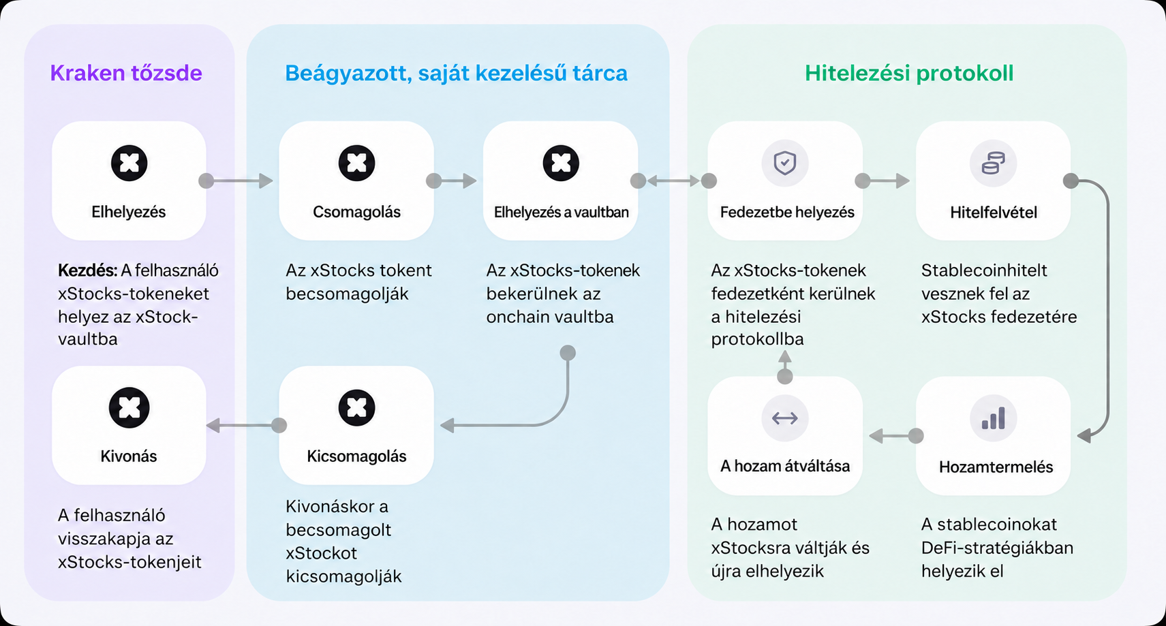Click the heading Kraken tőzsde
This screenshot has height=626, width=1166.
click(x=126, y=73)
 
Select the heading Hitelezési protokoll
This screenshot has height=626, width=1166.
click(x=909, y=74)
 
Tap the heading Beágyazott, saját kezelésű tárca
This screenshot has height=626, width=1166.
click(x=457, y=74)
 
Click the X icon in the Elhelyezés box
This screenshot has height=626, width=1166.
click(x=129, y=163)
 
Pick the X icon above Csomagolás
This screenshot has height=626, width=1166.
click(x=356, y=163)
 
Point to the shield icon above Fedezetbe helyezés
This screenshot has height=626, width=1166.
click(x=785, y=163)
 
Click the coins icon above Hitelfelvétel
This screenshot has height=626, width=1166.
click(x=993, y=163)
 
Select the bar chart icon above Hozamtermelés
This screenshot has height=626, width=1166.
click(x=993, y=418)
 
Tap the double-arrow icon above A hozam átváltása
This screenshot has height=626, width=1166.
click(x=785, y=418)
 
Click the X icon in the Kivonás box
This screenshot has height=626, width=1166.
click(x=129, y=407)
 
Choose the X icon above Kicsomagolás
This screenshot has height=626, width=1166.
click(x=356, y=407)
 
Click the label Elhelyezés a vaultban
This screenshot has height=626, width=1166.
click(x=561, y=213)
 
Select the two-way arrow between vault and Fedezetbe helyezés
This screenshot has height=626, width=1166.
click(x=673, y=181)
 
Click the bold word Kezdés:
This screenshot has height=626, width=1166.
click(x=87, y=270)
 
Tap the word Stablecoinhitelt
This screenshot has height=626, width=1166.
click(x=984, y=270)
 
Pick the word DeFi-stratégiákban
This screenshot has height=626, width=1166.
click(x=998, y=548)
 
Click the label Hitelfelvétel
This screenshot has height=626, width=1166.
click(x=993, y=213)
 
